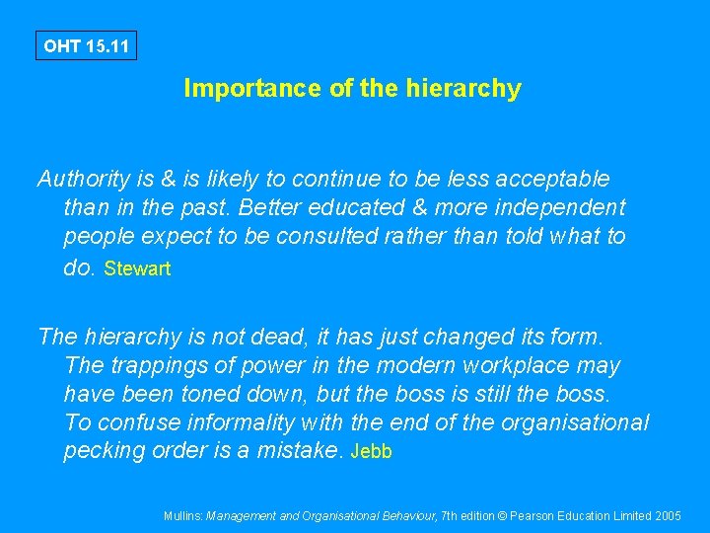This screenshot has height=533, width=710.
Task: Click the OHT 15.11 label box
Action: tap(86, 45)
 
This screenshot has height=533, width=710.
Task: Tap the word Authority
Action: tap(84, 179)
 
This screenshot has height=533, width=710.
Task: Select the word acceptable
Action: tap(553, 179)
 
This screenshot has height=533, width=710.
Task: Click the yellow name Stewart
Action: tap(137, 268)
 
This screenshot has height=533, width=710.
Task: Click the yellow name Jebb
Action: tap(372, 452)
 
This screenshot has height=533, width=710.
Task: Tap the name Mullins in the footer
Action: tap(182, 515)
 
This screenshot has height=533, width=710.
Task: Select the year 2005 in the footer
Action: tap(666, 515)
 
